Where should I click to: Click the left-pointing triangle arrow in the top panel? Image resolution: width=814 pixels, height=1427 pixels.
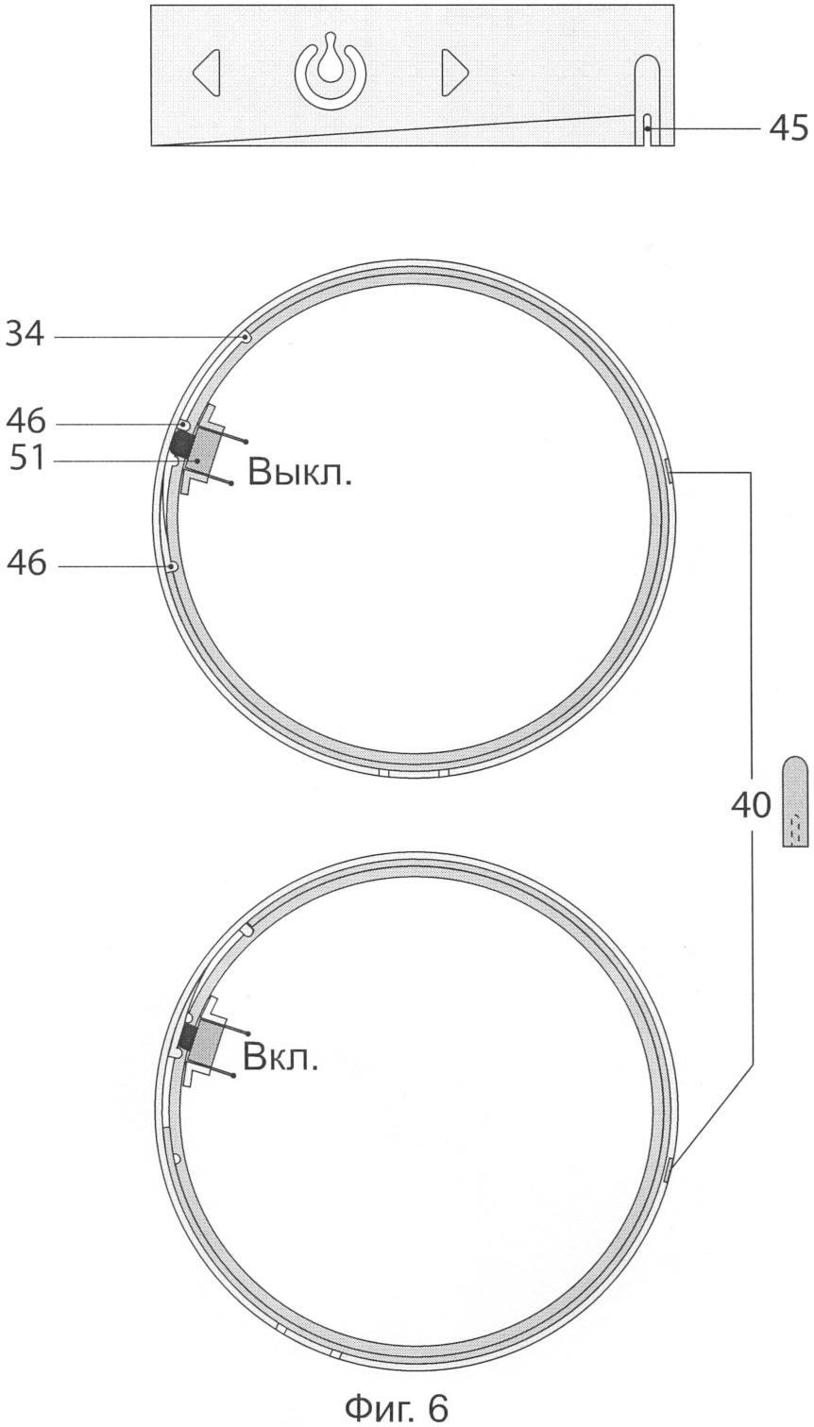click(x=208, y=73)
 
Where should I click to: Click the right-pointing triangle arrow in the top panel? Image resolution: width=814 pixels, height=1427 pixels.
click(x=454, y=72)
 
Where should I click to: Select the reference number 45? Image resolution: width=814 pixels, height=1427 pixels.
click(x=789, y=129)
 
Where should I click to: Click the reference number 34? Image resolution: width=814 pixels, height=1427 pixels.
click(x=25, y=333)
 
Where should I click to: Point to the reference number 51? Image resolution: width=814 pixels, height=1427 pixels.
click(x=27, y=458)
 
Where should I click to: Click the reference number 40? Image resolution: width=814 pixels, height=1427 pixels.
click(x=751, y=805)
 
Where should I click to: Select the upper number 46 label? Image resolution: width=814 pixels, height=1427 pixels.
click(x=26, y=422)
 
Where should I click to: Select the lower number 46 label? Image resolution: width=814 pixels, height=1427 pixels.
click(x=26, y=563)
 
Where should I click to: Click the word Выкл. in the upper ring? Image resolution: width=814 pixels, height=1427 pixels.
click(x=299, y=473)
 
